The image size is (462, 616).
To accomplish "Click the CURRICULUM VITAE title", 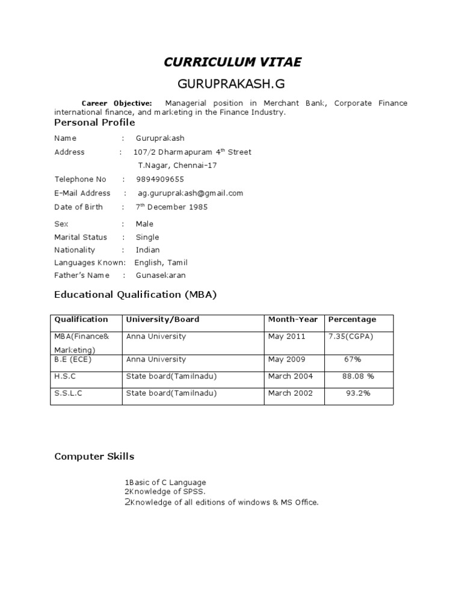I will pyautogui.click(x=233, y=62).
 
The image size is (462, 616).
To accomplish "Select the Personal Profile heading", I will pyautogui.click(x=94, y=123).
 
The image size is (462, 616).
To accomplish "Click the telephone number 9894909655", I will pyautogui.click(x=160, y=179).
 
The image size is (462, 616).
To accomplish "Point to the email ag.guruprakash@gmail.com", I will pyautogui.click(x=190, y=193).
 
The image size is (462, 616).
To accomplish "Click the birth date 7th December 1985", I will pyautogui.click(x=171, y=207).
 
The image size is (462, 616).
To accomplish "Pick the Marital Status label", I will pyautogui.click(x=81, y=237).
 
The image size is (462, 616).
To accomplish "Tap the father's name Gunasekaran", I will pyautogui.click(x=161, y=276).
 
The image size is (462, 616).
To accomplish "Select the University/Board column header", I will pyautogui.click(x=162, y=319).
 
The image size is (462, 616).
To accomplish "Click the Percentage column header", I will pyautogui.click(x=352, y=319).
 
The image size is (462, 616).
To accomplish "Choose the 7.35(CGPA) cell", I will pyautogui.click(x=351, y=336).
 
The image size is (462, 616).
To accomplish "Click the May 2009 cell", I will pyautogui.click(x=286, y=359).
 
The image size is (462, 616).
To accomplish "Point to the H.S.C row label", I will pyautogui.click(x=66, y=376).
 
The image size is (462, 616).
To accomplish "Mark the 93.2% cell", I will pyautogui.click(x=358, y=393).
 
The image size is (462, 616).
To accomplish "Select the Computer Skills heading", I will pyautogui.click(x=94, y=457).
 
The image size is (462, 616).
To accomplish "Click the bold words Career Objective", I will pyautogui.click(x=117, y=103).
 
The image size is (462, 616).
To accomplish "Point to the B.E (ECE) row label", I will pyautogui.click(x=73, y=359).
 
